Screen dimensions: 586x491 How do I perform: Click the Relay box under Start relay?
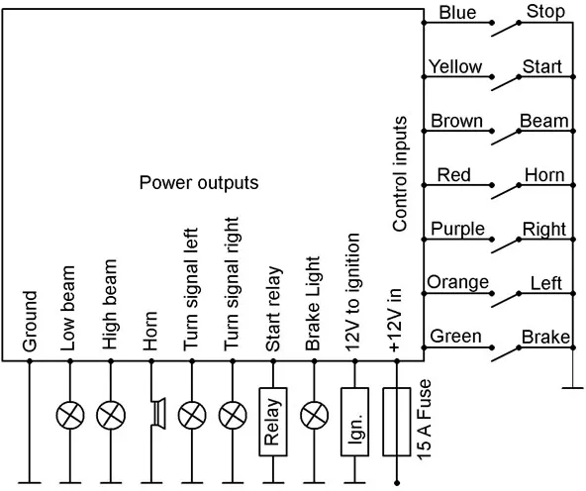[273, 422]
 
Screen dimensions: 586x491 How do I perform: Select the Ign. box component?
[354, 422]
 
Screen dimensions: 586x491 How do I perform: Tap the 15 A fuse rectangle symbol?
[397, 422]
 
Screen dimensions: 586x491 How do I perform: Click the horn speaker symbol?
[157, 413]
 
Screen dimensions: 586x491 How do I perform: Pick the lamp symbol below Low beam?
[70, 415]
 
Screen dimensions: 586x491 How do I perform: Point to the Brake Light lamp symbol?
[315, 415]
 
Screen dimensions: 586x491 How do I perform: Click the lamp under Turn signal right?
[233, 415]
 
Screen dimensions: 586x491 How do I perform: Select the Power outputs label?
[199, 183]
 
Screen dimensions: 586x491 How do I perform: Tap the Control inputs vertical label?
[400, 174]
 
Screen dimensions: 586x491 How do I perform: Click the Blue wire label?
[457, 13]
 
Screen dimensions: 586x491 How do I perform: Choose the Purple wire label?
[457, 229]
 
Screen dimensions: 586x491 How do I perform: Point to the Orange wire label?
[457, 282]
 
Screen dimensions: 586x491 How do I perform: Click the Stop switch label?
[545, 12]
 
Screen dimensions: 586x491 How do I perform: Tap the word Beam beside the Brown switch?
[544, 121]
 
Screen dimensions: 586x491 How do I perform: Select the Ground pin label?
[30, 322]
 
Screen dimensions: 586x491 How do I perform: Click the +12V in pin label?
[395, 320]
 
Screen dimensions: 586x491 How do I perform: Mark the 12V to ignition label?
[352, 292]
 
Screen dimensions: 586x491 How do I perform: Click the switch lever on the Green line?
[505, 354]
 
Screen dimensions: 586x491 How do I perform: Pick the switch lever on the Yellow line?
[505, 83]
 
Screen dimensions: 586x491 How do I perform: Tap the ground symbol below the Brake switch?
[572, 388]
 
